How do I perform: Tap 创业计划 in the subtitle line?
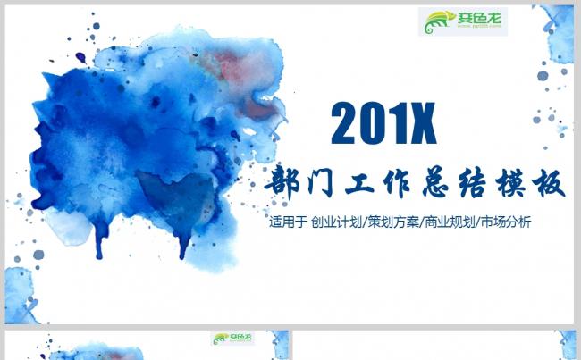[336, 222]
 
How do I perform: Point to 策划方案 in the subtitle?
[393, 222]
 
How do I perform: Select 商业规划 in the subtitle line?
[450, 222]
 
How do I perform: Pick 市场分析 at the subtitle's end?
[506, 222]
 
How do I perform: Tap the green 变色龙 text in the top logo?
[479, 17]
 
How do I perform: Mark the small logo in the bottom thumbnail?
[232, 338]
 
